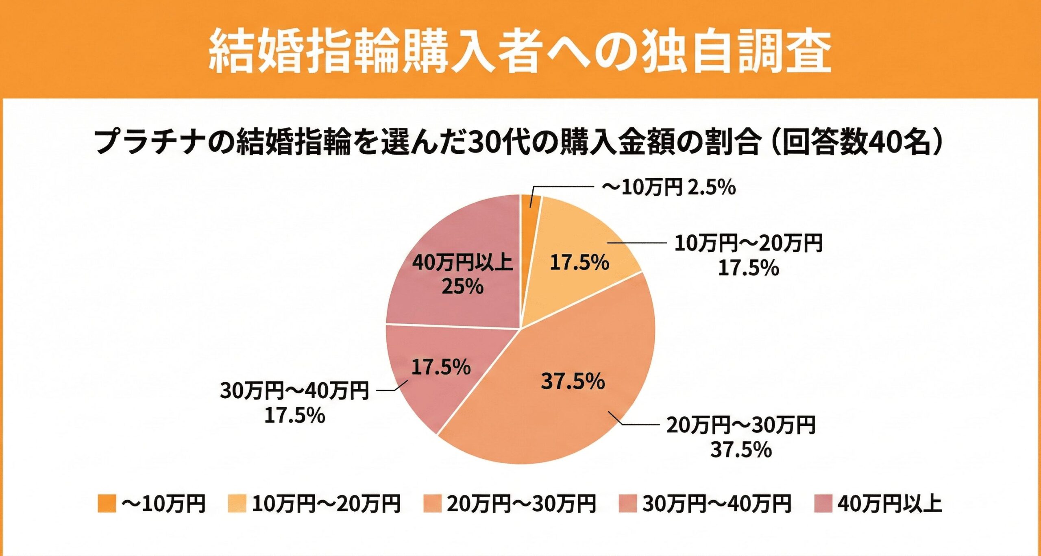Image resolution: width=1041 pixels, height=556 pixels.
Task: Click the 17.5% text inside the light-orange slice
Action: [x=579, y=262]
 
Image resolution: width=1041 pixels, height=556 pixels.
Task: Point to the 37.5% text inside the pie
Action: [x=573, y=381]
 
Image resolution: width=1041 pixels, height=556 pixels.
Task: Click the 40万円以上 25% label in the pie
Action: [x=463, y=275]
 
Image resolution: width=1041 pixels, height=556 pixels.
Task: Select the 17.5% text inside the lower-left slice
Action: [x=441, y=367]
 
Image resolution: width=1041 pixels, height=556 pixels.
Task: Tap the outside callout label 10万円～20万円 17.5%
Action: [x=748, y=255]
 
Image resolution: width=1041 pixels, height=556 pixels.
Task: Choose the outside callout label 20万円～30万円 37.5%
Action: [x=741, y=437]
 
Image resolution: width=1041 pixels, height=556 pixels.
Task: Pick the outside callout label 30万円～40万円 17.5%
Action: [x=295, y=403]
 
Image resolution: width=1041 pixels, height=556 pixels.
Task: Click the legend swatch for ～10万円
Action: [x=107, y=504]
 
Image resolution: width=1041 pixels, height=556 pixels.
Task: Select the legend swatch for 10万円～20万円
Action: [x=237, y=504]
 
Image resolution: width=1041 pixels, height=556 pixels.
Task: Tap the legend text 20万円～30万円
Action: [x=521, y=504]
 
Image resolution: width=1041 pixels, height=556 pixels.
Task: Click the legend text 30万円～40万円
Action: [x=717, y=504]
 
